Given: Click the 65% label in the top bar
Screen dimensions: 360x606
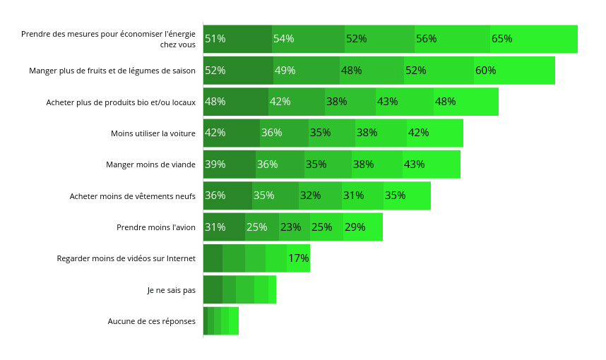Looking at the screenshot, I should click(x=501, y=39).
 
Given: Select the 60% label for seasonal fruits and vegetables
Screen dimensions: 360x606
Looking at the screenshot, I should click(x=485, y=71).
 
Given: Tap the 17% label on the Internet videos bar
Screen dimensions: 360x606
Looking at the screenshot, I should click(x=298, y=258).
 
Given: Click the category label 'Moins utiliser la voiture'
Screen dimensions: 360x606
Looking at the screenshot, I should click(x=153, y=133).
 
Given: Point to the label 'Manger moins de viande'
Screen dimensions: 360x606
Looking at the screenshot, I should click(x=150, y=164).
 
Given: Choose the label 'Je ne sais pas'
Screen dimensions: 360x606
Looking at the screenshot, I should click(x=171, y=290).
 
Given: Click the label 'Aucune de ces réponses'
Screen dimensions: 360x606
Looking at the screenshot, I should click(x=151, y=321).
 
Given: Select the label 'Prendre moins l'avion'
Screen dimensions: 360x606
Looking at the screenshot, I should click(x=155, y=227).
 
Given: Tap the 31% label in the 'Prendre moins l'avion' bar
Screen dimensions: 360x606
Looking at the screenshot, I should click(x=215, y=227).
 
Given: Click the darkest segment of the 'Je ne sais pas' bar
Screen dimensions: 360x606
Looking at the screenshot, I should click(x=213, y=289).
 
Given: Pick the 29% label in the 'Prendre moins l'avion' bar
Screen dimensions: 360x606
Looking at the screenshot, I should click(x=355, y=227).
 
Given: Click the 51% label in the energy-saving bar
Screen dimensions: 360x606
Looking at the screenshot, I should click(x=215, y=39).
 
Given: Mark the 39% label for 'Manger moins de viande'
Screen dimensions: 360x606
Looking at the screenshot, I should click(x=215, y=164).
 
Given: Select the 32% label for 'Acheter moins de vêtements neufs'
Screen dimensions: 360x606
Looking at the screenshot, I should click(x=310, y=196).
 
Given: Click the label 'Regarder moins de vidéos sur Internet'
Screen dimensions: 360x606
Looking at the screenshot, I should click(x=126, y=258).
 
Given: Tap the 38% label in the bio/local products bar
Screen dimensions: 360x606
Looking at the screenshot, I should click(x=336, y=102).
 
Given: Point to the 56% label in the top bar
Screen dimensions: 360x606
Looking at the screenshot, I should click(x=426, y=39).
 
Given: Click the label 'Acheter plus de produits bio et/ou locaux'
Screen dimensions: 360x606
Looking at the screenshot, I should click(x=121, y=102).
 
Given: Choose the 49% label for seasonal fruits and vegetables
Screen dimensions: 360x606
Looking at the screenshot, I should click(x=285, y=71).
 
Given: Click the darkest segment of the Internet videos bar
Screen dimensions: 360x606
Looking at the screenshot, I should click(x=213, y=258).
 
